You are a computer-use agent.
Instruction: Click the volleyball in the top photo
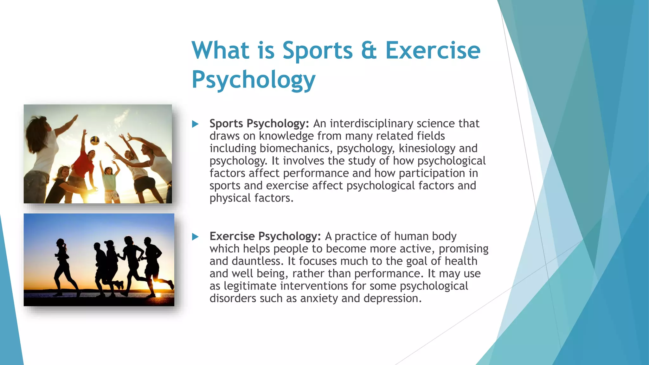(x=95, y=140)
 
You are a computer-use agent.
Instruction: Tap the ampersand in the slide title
(x=369, y=51)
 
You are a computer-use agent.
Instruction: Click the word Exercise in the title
(x=433, y=51)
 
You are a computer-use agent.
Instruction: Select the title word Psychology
(x=254, y=80)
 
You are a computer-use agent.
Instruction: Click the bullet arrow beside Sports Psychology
(x=195, y=124)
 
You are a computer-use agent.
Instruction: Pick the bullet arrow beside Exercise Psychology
(x=195, y=237)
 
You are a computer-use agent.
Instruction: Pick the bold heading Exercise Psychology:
(x=265, y=236)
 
